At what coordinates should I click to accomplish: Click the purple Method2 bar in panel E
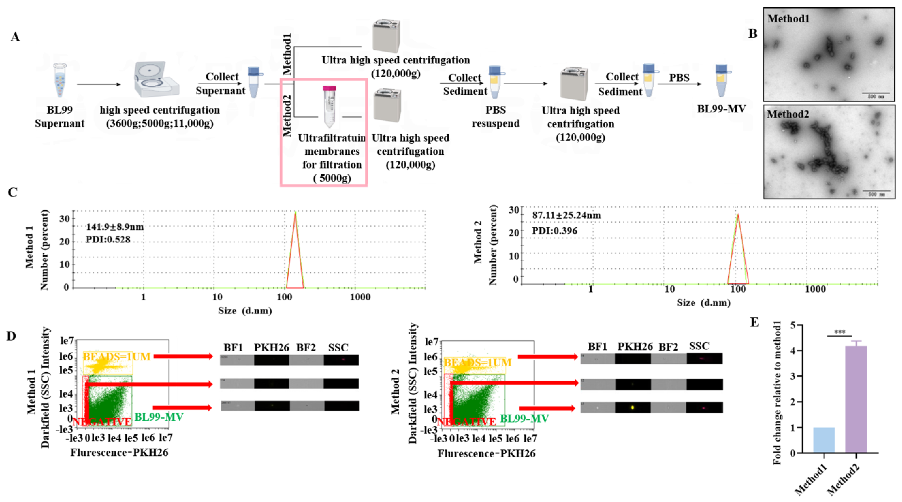[x=856, y=399]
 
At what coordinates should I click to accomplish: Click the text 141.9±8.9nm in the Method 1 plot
[x=115, y=227]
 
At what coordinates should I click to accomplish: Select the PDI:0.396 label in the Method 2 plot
[x=555, y=231]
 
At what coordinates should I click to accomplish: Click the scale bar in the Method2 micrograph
[x=875, y=191]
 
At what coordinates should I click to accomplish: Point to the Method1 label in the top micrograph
[x=788, y=19]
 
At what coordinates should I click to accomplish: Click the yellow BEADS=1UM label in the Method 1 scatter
[x=117, y=357]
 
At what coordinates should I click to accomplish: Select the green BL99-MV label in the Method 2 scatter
[x=524, y=418]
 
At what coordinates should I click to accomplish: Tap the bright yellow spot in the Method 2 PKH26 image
[x=632, y=408]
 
